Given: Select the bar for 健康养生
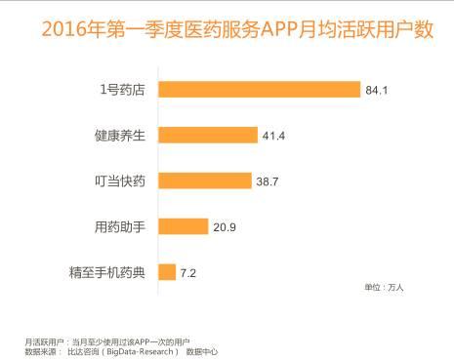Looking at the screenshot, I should [x=207, y=136].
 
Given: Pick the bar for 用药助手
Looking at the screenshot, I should [x=182, y=226].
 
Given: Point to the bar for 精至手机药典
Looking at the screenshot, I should [x=165, y=272].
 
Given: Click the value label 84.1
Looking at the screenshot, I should [x=378, y=90].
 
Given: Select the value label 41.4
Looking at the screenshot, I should [x=274, y=136].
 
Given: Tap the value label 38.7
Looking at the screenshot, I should [x=268, y=181].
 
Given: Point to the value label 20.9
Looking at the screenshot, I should [x=225, y=226].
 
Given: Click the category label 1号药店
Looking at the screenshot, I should [x=123, y=90].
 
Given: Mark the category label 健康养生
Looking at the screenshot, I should [x=119, y=136].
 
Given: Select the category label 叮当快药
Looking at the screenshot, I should [x=119, y=181].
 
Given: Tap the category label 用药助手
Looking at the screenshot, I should [x=119, y=226].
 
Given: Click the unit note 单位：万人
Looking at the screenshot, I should [x=384, y=289].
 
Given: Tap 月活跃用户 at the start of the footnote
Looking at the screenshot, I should [x=41, y=340].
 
